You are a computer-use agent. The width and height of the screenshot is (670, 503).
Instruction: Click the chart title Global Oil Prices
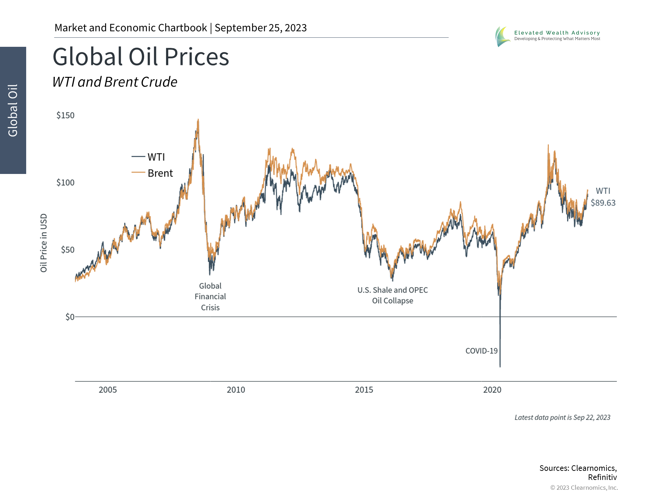coord(141,57)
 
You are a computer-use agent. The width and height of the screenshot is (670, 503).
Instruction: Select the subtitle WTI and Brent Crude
coord(115,82)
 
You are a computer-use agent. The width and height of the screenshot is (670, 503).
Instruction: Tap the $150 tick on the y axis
coord(65,115)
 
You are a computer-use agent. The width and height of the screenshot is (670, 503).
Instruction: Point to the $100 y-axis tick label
coord(65,182)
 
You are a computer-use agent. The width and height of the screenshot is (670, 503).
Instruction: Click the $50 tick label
coord(67,250)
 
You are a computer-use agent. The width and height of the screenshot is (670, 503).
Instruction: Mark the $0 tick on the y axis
coord(70,317)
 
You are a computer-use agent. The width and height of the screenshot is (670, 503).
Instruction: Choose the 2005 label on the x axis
coord(107,390)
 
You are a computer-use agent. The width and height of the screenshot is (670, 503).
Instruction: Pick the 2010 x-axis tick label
coord(236,390)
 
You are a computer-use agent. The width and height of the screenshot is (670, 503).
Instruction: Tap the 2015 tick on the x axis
coord(364,390)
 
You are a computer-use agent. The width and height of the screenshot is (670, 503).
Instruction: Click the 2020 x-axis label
coord(492,390)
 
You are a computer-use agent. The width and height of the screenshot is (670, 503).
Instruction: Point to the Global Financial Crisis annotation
coord(210,297)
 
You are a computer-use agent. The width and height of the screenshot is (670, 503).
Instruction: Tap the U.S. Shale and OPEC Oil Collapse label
coord(393,295)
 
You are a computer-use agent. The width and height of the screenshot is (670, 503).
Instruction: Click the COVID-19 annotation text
coord(481,351)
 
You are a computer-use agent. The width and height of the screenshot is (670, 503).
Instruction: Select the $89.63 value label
coord(603,203)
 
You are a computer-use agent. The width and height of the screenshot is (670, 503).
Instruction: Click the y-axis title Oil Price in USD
coord(44,243)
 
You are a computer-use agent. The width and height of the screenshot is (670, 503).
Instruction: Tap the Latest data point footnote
coord(562,417)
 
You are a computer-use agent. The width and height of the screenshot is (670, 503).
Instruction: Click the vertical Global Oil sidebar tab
coord(13,110)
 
